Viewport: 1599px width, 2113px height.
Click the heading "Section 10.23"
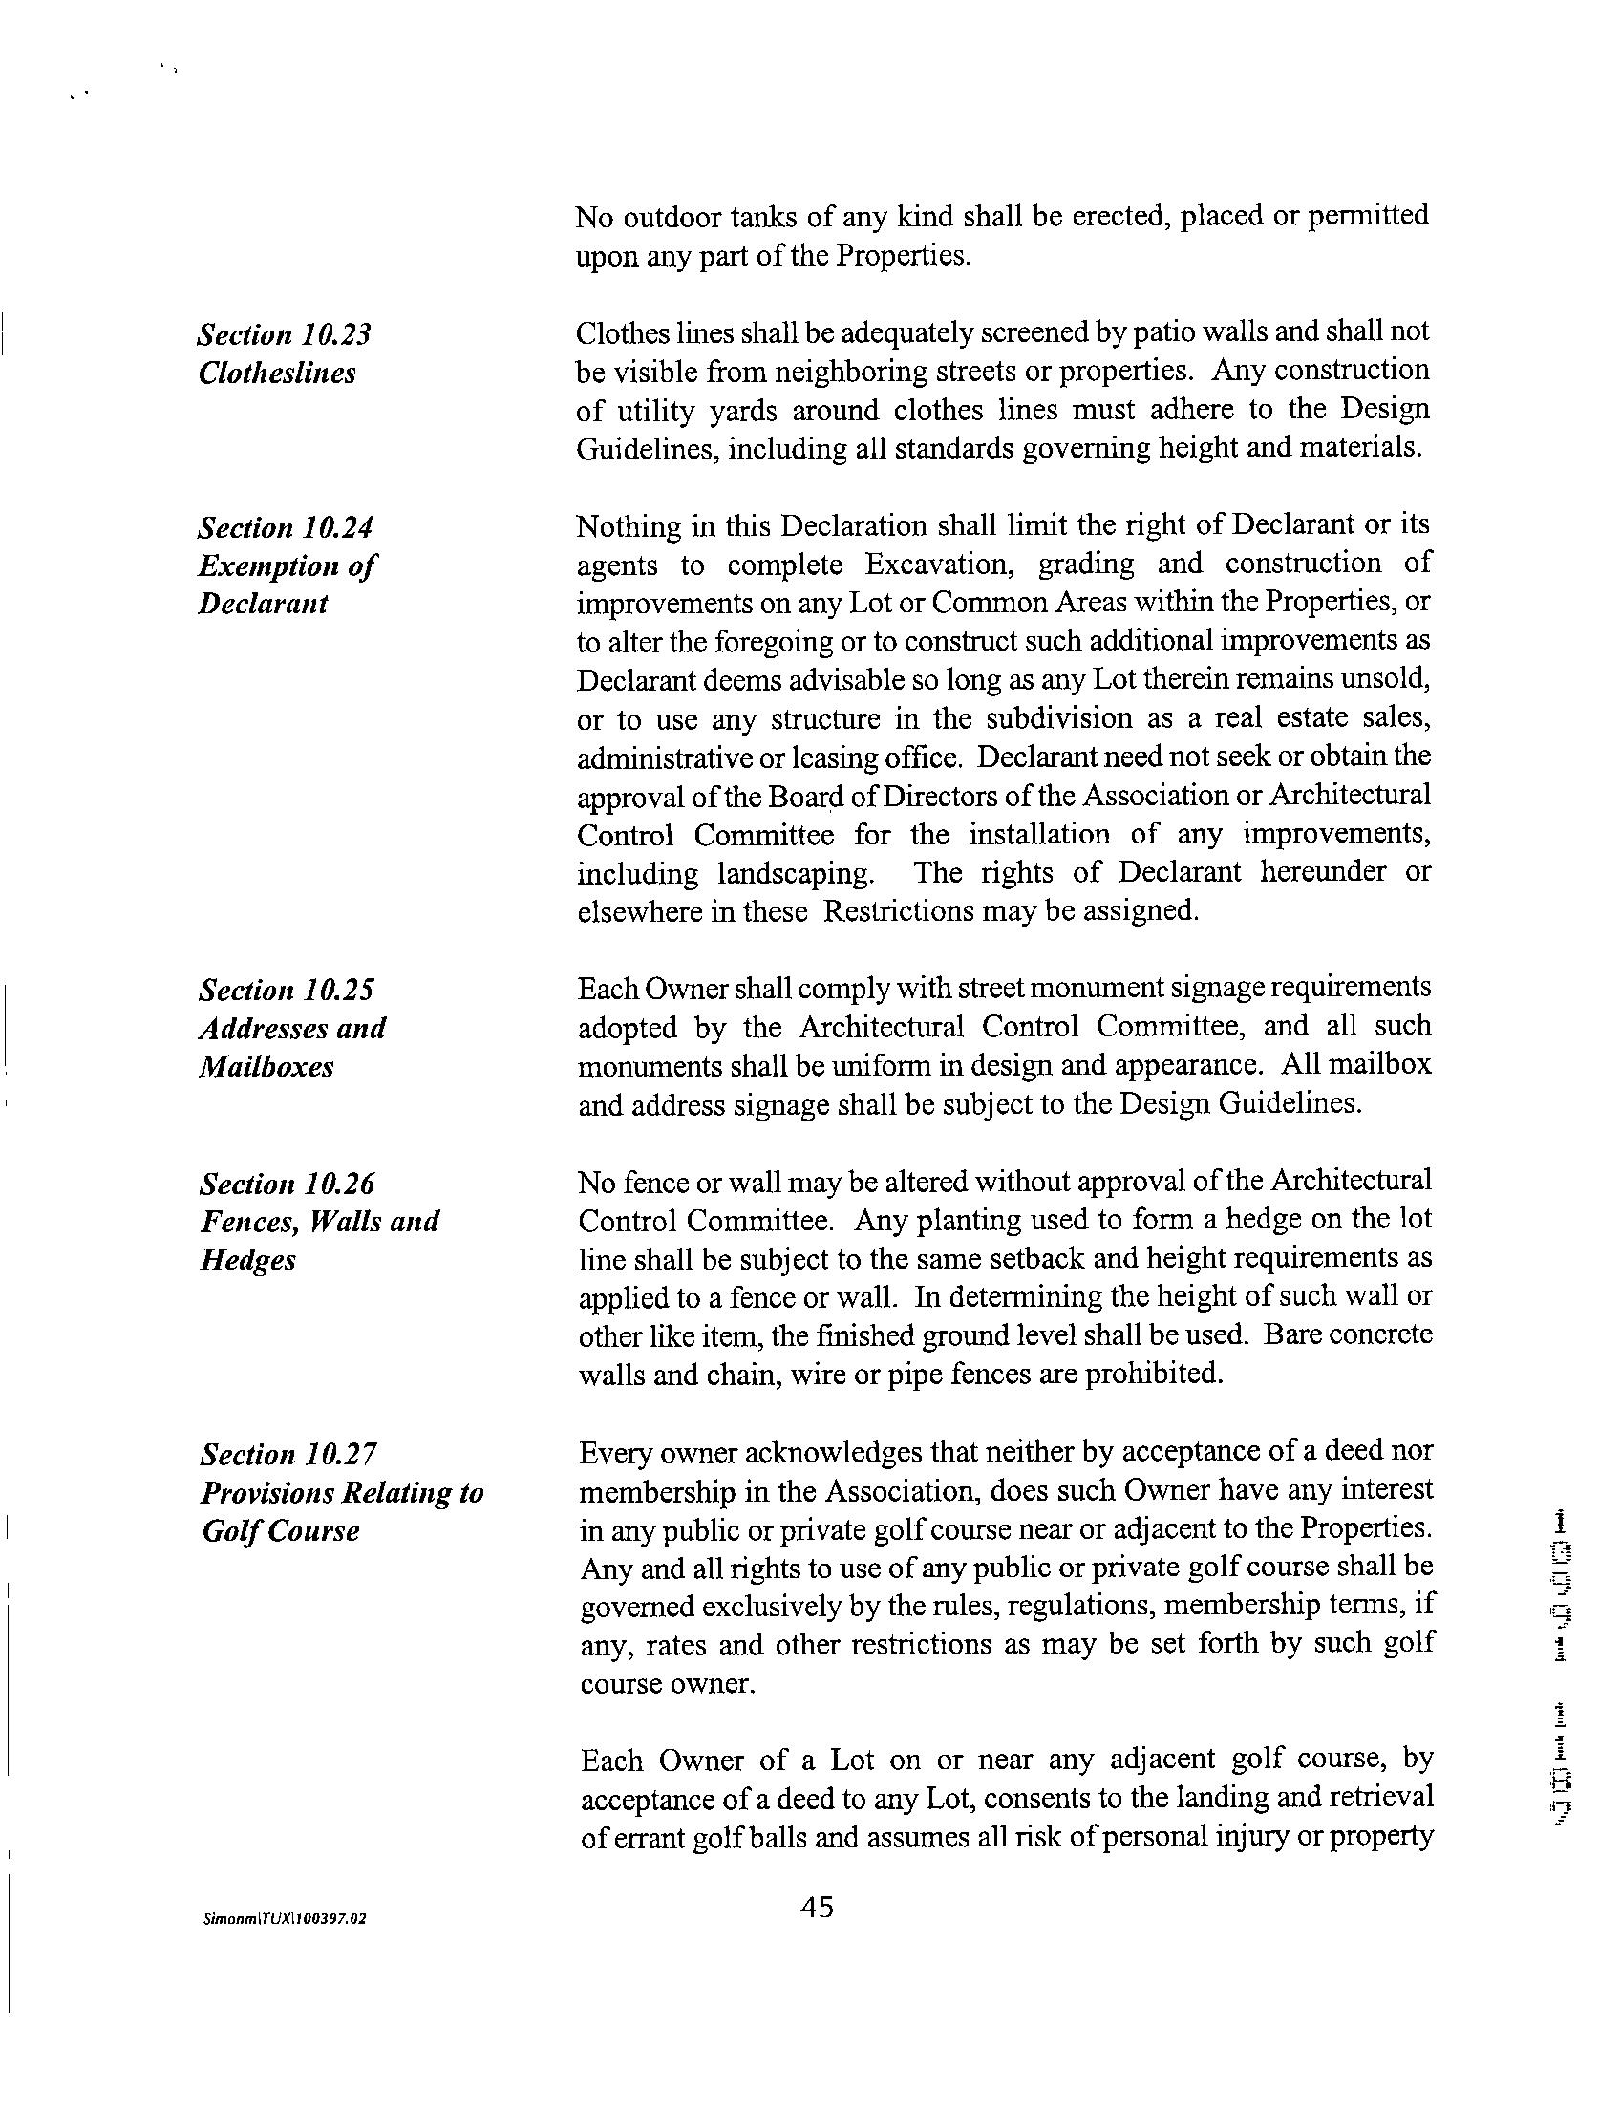point(285,334)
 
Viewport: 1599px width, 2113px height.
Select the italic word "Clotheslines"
point(277,373)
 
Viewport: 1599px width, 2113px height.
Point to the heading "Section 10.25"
point(286,990)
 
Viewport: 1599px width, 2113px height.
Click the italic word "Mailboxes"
point(266,1066)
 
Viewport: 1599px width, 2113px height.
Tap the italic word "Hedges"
point(248,1260)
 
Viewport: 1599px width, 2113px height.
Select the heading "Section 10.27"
point(288,1454)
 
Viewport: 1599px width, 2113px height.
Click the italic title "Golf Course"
point(281,1531)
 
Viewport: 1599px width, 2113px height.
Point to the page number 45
point(818,1908)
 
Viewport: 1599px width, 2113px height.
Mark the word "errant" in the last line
point(627,1838)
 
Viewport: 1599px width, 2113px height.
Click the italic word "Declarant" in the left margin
point(264,604)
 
